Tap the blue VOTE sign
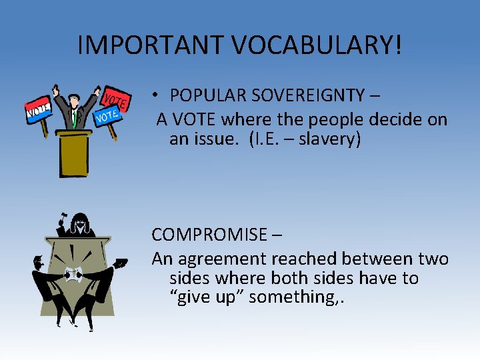[x=106, y=117]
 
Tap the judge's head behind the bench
[x=81, y=220]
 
